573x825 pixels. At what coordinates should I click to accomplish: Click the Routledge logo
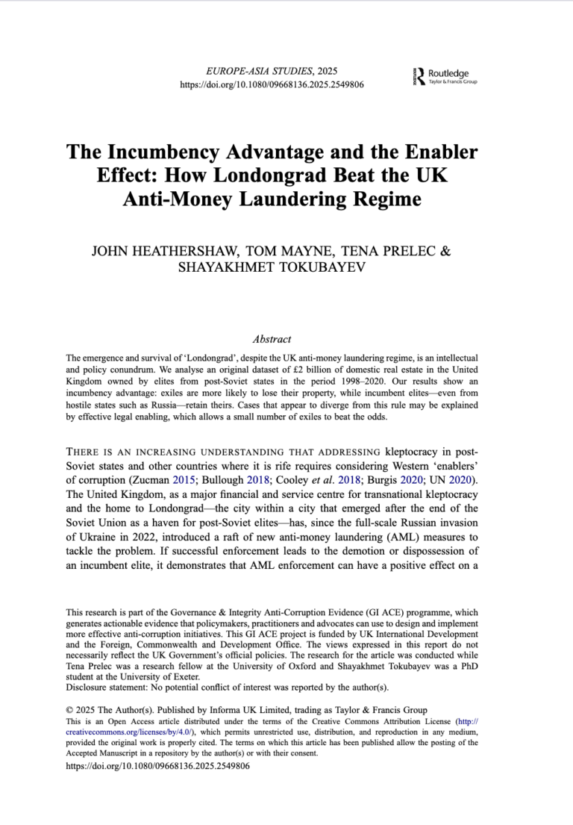[445, 76]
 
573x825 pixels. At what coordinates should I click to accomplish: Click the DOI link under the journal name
[272, 85]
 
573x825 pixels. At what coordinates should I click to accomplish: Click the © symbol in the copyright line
[70, 710]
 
